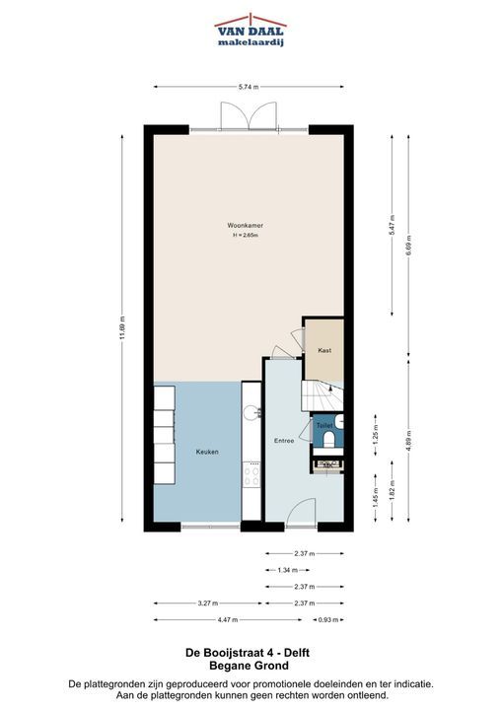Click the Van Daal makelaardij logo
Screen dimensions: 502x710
(251, 30)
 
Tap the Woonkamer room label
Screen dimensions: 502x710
(246, 225)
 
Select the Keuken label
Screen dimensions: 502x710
(207, 452)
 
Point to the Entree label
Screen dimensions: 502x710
(284, 440)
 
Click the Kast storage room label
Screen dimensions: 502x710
(324, 350)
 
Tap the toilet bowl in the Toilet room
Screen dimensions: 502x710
(329, 438)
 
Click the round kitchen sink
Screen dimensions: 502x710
(251, 412)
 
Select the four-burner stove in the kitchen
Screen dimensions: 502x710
(251, 474)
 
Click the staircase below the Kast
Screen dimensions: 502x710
(323, 395)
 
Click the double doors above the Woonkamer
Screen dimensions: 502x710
(249, 116)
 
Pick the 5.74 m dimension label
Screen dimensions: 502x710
(249, 87)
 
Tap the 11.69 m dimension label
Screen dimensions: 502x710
(122, 327)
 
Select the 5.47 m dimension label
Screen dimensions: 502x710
(393, 225)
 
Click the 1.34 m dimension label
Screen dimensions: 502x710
(288, 570)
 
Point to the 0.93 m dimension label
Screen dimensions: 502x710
(328, 620)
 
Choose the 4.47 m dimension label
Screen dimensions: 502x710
(228, 620)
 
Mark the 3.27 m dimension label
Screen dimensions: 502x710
(208, 603)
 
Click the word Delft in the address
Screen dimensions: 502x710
(297, 653)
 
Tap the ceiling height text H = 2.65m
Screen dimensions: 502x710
(246, 236)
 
